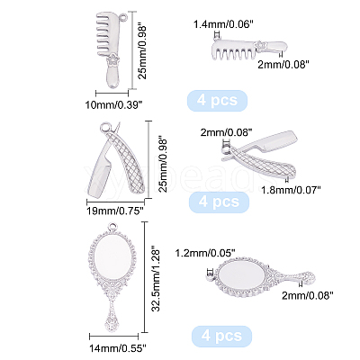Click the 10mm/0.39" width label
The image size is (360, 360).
(113, 105)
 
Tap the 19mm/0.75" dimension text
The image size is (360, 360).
(113, 211)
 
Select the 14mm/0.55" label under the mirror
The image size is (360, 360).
(118, 348)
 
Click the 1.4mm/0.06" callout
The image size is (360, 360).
(221, 24)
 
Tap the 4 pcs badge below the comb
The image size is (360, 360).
(217, 100)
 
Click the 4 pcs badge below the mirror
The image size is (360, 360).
(221, 336)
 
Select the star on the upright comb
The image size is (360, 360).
(113, 58)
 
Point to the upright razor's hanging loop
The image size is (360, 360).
(106, 129)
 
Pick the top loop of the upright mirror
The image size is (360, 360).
(113, 227)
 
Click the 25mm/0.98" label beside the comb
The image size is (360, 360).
(143, 52)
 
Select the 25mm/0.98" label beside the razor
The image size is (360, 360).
(164, 165)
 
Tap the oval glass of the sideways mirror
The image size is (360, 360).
(241, 275)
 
